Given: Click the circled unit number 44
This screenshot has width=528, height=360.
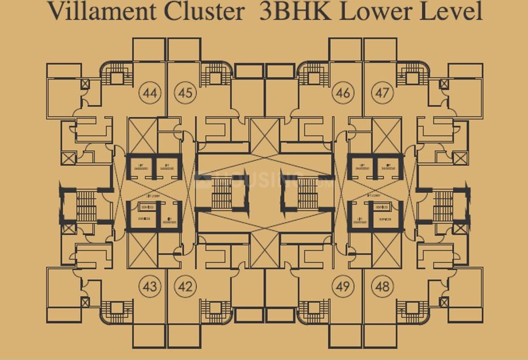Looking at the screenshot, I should pyautogui.click(x=150, y=93).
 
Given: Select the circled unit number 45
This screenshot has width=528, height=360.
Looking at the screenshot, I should pyautogui.click(x=185, y=93).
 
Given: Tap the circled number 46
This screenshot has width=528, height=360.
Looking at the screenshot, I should pyautogui.click(x=343, y=93).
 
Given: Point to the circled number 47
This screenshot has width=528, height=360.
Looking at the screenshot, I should pyautogui.click(x=382, y=93).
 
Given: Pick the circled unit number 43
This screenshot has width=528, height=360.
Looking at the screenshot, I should pyautogui.click(x=150, y=287).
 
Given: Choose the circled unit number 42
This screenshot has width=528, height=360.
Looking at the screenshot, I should pyautogui.click(x=185, y=287).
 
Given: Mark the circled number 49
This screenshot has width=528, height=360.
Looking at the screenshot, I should pyautogui.click(x=343, y=287).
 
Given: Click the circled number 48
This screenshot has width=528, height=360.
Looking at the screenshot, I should pyautogui.click(x=382, y=287).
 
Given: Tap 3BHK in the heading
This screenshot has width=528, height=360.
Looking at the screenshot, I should pyautogui.click(x=294, y=11).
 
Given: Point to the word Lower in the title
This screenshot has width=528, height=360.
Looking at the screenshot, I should pyautogui.click(x=379, y=11).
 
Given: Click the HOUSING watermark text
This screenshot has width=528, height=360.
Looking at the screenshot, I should pyautogui.click(x=265, y=181).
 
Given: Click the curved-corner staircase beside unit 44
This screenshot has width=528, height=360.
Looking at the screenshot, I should pyautogui.click(x=116, y=77).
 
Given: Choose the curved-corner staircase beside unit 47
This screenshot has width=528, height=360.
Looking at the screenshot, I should pyautogui.click(x=413, y=77).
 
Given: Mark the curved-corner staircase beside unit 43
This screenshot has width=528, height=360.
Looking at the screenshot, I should pyautogui.click(x=116, y=310).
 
